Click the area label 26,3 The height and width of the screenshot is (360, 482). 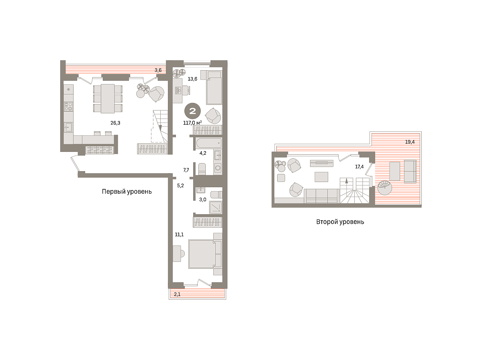tap(115, 123)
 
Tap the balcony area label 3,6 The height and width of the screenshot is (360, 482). tap(158, 70)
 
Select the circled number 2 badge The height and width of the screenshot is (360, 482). tap(192, 111)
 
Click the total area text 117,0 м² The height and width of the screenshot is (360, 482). tap(192, 123)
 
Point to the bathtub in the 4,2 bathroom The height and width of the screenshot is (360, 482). tap(209, 143)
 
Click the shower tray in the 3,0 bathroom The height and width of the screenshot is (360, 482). tap(216, 208)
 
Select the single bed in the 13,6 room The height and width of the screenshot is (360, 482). tap(214, 88)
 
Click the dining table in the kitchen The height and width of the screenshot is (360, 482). tap(108, 98)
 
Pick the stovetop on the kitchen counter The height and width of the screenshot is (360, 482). tap(68, 106)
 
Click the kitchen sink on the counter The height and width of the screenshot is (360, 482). tap(68, 127)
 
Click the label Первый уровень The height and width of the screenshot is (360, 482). tap(127, 192)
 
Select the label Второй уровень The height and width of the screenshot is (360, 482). tap(340, 222)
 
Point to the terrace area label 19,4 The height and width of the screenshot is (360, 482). tap(410, 142)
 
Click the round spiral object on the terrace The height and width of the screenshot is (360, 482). tap(385, 188)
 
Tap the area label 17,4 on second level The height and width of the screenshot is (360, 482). tap(359, 167)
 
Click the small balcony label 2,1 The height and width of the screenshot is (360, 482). tap(177, 295)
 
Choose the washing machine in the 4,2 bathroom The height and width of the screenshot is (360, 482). tap(218, 168)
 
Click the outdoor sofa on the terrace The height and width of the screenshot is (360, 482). tap(410, 171)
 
